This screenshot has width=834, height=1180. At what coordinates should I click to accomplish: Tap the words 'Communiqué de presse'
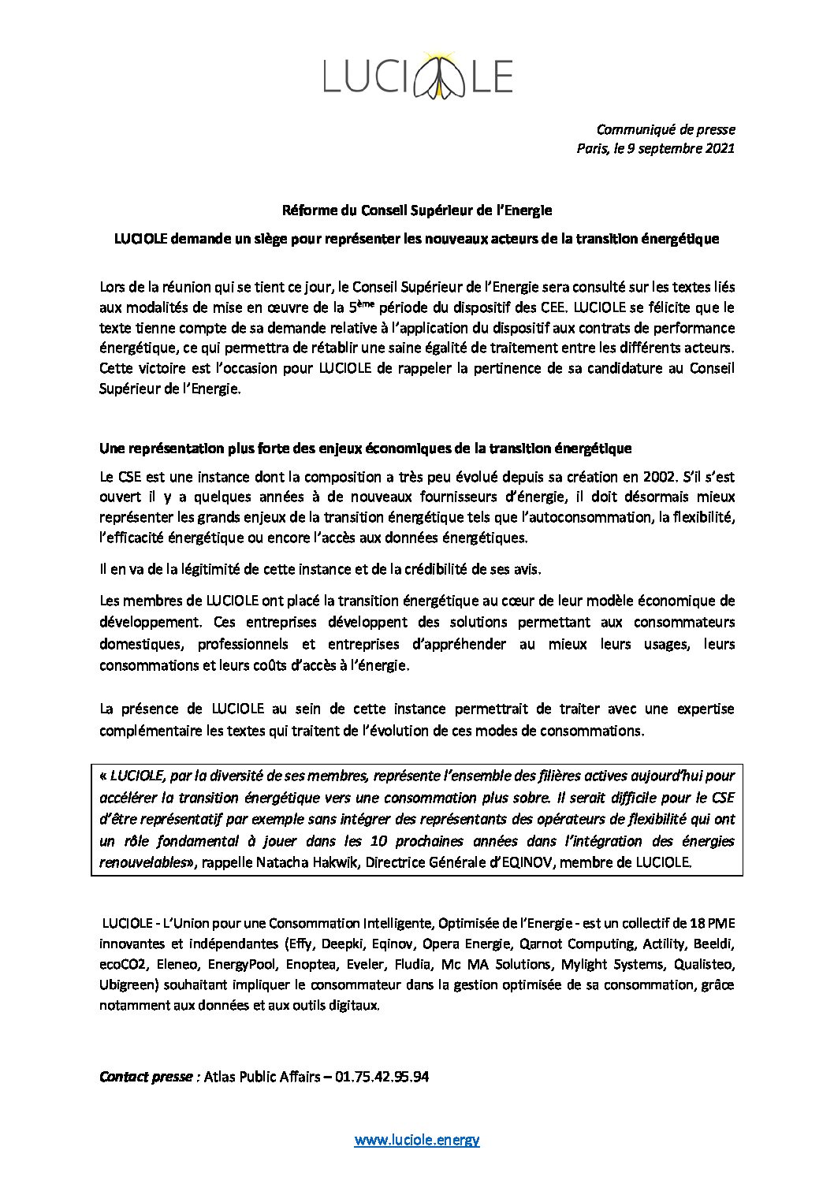tap(665, 128)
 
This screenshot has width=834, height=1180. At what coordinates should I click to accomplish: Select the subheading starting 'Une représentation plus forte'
tap(365, 449)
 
